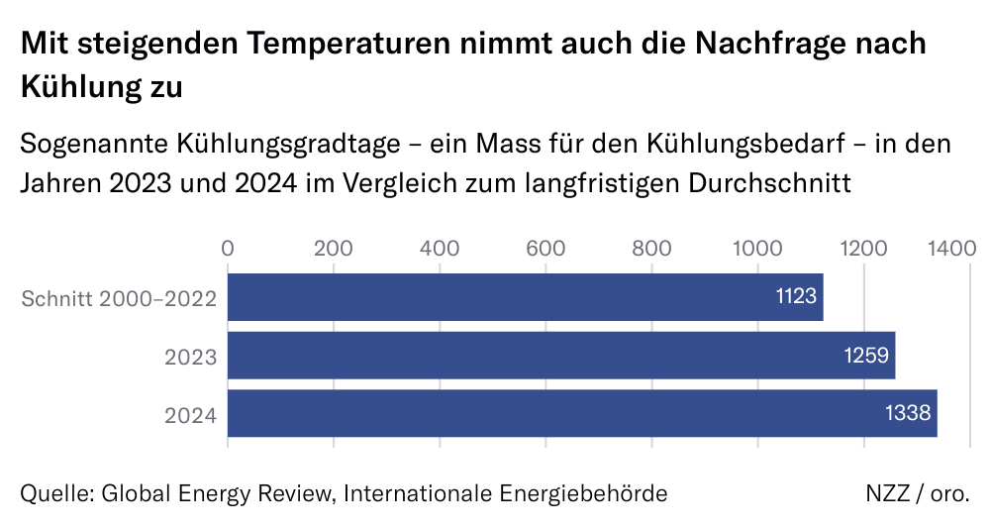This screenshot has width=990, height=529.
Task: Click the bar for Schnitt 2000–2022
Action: coord(525,297)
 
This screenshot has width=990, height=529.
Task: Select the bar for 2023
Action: coord(561,356)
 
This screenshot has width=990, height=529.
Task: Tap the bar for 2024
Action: coord(582,413)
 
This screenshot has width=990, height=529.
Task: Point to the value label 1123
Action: coord(796,297)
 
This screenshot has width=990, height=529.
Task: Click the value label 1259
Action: coord(868,356)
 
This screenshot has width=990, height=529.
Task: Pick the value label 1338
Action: coord(910,413)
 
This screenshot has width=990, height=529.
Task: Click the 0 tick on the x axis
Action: coord(229,248)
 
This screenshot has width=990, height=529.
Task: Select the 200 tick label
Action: coord(334,248)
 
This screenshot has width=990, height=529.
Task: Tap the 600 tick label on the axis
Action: coord(545,248)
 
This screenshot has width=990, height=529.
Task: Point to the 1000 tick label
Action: coord(757,248)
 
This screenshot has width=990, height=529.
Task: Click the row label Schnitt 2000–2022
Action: coord(120,298)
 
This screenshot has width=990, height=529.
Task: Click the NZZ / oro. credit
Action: coord(917,493)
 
